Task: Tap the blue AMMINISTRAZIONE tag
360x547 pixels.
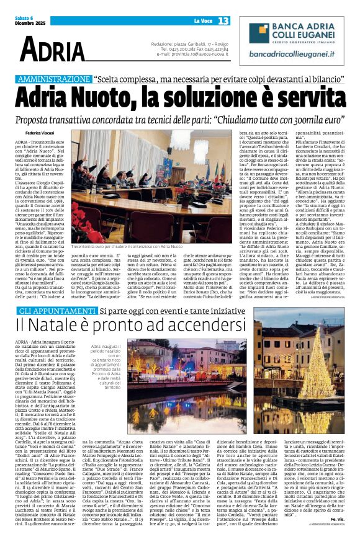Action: point(55,79)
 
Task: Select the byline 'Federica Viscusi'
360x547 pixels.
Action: point(39,133)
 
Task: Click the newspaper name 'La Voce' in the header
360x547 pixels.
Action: point(200,22)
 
